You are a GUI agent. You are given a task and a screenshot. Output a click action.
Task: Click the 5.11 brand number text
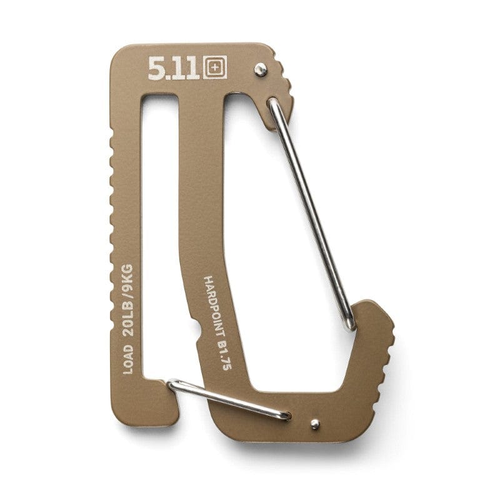pos(174,69)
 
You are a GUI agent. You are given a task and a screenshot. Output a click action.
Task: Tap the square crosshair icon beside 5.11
pos(214,69)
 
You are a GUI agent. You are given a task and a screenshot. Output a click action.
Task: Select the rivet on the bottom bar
pos(315,424)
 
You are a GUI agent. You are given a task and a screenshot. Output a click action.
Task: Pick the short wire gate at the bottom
pos(228,397)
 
